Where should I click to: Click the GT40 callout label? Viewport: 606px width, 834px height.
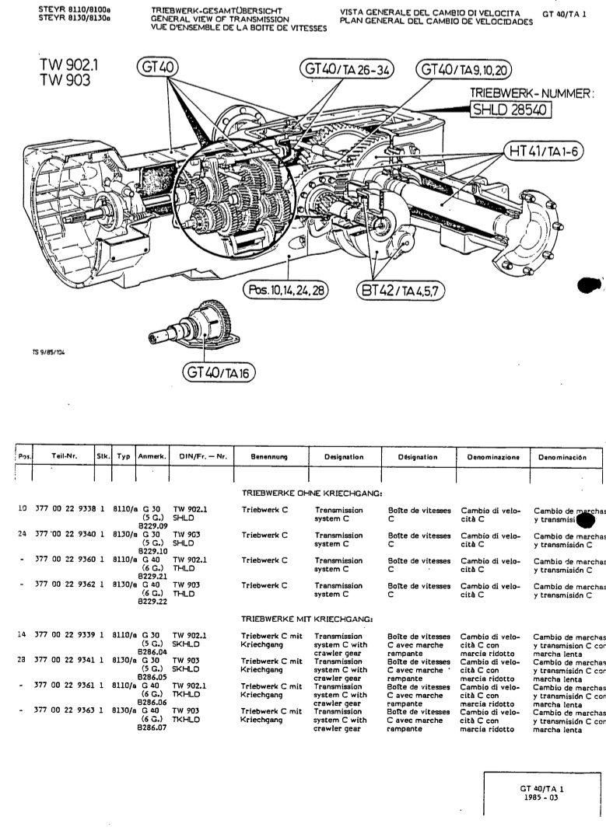[x=156, y=69]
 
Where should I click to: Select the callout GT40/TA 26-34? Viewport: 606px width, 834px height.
[x=348, y=70]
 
